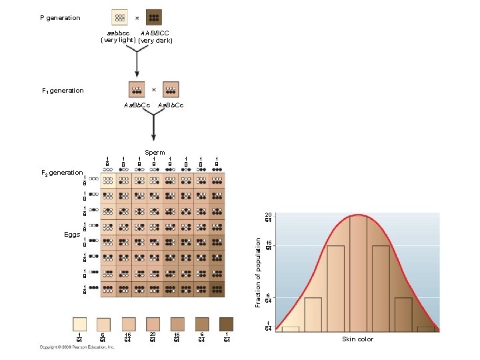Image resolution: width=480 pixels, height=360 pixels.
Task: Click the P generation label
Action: [59, 18]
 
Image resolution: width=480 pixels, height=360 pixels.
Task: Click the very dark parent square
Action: [153, 17]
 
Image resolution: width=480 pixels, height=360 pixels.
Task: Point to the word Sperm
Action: [154, 153]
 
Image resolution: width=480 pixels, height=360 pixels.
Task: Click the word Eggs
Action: [72, 235]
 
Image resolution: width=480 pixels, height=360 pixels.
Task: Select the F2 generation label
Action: [63, 173]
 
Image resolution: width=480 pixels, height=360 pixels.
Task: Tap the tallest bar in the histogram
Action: [359, 273]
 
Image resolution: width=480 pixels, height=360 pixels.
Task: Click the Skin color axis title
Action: [358, 339]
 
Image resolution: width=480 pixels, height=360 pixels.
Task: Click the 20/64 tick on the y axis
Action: [268, 217]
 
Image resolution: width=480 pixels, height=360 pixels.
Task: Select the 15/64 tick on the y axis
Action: [268, 246]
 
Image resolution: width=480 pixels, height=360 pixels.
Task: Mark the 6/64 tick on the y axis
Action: [268, 298]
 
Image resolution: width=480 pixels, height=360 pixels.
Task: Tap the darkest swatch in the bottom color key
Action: [226, 323]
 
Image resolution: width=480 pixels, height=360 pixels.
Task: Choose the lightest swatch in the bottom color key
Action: [79, 323]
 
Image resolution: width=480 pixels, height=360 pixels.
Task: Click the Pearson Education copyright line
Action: [67, 347]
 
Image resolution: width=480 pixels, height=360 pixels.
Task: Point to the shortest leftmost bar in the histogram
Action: [291, 329]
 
